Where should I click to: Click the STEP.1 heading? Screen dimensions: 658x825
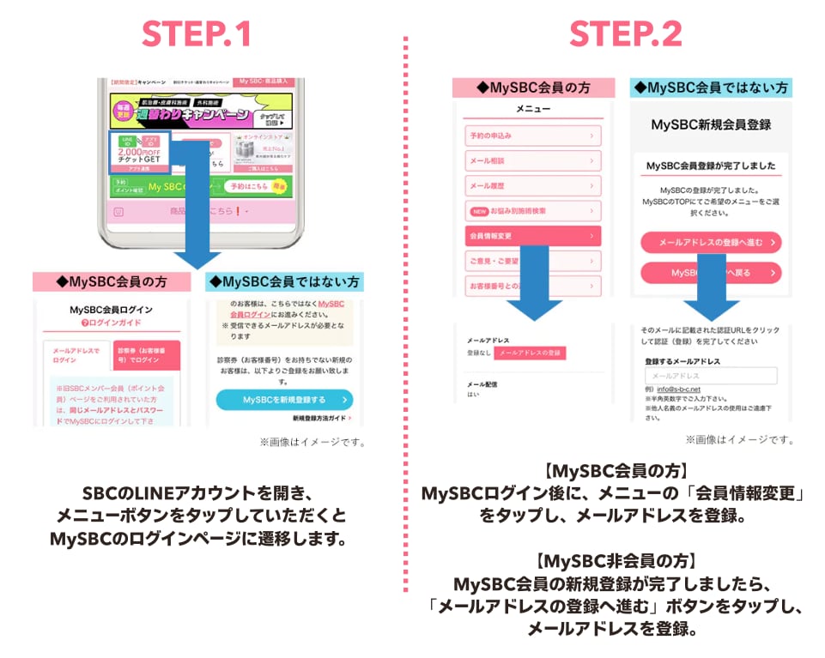coord(197,33)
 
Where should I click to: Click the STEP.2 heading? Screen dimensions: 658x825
coord(626,33)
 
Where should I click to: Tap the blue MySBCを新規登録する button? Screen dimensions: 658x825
coord(284,399)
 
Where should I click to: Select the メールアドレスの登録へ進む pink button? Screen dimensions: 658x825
coord(711,243)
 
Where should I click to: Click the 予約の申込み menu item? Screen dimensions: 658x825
coord(532,136)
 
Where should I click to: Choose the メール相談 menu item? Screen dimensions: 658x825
coord(532,160)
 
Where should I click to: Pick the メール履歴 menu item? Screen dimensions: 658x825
coord(532,185)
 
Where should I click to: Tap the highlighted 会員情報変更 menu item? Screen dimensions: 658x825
coord(532,235)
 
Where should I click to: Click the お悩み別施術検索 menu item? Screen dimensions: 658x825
coord(532,210)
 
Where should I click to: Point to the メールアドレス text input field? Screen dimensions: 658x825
coord(711,376)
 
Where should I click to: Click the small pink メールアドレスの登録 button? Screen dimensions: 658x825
coord(530,353)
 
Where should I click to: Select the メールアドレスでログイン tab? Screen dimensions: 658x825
coord(76,355)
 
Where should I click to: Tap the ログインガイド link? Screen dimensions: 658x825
coord(112,323)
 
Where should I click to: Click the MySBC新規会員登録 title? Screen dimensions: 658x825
coord(711,124)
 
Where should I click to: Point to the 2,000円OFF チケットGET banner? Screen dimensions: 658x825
coord(140,152)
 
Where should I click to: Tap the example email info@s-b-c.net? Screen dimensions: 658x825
coord(677,389)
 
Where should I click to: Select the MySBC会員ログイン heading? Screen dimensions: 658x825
coord(112,309)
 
